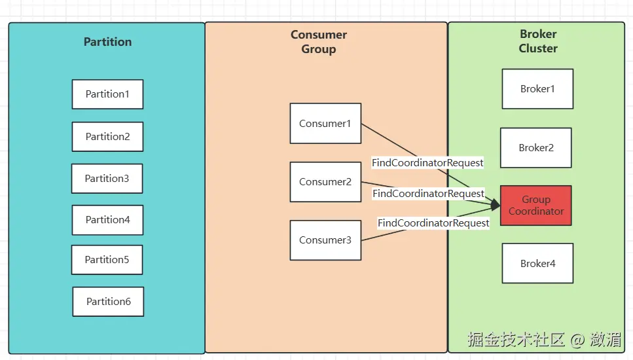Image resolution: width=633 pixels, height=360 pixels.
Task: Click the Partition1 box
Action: (107, 94)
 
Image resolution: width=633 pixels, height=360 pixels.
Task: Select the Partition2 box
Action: (107, 137)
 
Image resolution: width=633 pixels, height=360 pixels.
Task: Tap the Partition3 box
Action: (107, 179)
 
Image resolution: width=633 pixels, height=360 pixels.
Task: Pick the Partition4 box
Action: (107, 220)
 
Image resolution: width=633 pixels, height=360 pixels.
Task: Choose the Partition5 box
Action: (107, 260)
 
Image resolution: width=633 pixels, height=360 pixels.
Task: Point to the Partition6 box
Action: (108, 302)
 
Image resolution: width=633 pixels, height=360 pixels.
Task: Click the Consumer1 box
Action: (325, 124)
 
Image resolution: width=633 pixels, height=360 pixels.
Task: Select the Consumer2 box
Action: (325, 182)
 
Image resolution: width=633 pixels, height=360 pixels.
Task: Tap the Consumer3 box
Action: (325, 240)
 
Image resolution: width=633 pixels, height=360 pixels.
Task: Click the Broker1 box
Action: (537, 89)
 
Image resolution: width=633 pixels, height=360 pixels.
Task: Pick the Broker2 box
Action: (536, 148)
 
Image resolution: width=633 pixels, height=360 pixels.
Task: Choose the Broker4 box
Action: (537, 264)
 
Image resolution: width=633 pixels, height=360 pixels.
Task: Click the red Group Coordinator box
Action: (536, 206)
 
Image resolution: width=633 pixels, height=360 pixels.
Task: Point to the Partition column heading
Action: (107, 42)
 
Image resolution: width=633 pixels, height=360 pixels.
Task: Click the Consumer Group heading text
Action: (319, 42)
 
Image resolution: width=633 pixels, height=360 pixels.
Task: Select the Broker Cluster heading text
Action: (538, 41)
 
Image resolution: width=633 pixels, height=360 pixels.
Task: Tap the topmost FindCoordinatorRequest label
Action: (427, 162)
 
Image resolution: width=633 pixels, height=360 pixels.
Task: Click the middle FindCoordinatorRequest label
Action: (429, 194)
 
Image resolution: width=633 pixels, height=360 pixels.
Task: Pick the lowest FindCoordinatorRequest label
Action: (433, 223)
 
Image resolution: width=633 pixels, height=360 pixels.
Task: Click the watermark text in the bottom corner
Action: (544, 340)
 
